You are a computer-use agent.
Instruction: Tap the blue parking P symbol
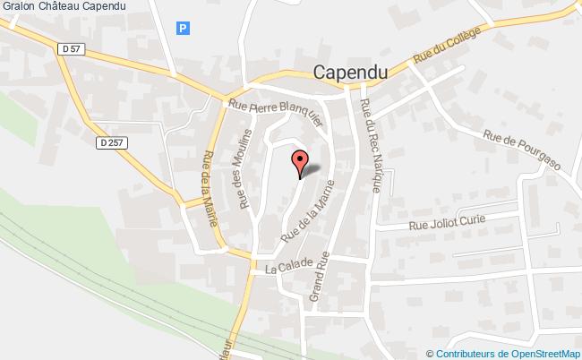(x=183, y=28)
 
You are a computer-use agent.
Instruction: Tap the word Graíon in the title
(x=18, y=7)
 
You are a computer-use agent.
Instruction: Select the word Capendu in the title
(x=104, y=7)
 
